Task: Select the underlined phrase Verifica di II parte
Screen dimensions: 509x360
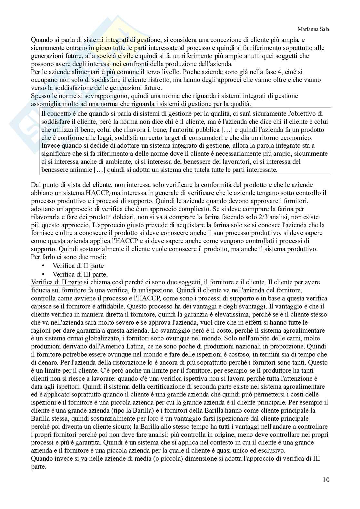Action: click(x=56, y=282)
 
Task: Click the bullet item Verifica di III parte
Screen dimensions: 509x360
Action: click(x=80, y=274)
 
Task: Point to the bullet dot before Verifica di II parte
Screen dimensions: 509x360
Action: click(x=43, y=266)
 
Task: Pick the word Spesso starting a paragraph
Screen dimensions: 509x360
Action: click(x=40, y=96)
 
